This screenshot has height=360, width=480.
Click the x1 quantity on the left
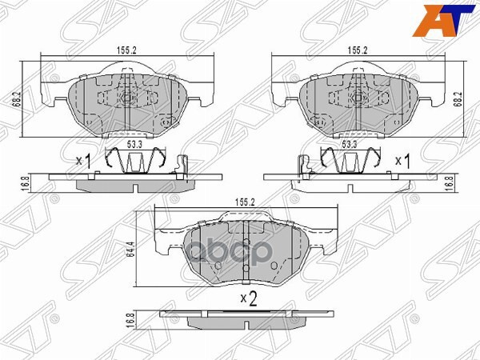point(84,161)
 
